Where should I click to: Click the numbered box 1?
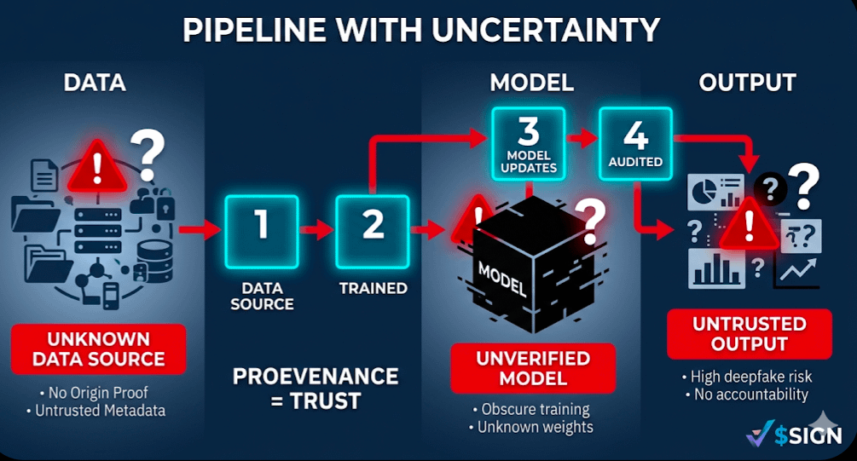pyautogui.click(x=262, y=226)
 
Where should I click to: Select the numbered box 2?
pyautogui.click(x=373, y=226)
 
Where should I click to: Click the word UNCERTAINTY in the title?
pyautogui.click(x=544, y=31)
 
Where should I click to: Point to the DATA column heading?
pyautogui.click(x=95, y=83)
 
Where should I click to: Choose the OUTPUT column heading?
pyautogui.click(x=747, y=83)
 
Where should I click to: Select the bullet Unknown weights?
pyautogui.click(x=536, y=427)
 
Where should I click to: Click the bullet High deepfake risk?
pyautogui.click(x=746, y=377)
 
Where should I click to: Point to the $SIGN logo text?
pyautogui.click(x=808, y=435)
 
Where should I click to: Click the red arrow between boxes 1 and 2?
pyautogui.click(x=317, y=228)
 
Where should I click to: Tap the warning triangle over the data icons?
pyautogui.click(x=96, y=166)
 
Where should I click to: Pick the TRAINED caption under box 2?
pyautogui.click(x=373, y=288)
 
